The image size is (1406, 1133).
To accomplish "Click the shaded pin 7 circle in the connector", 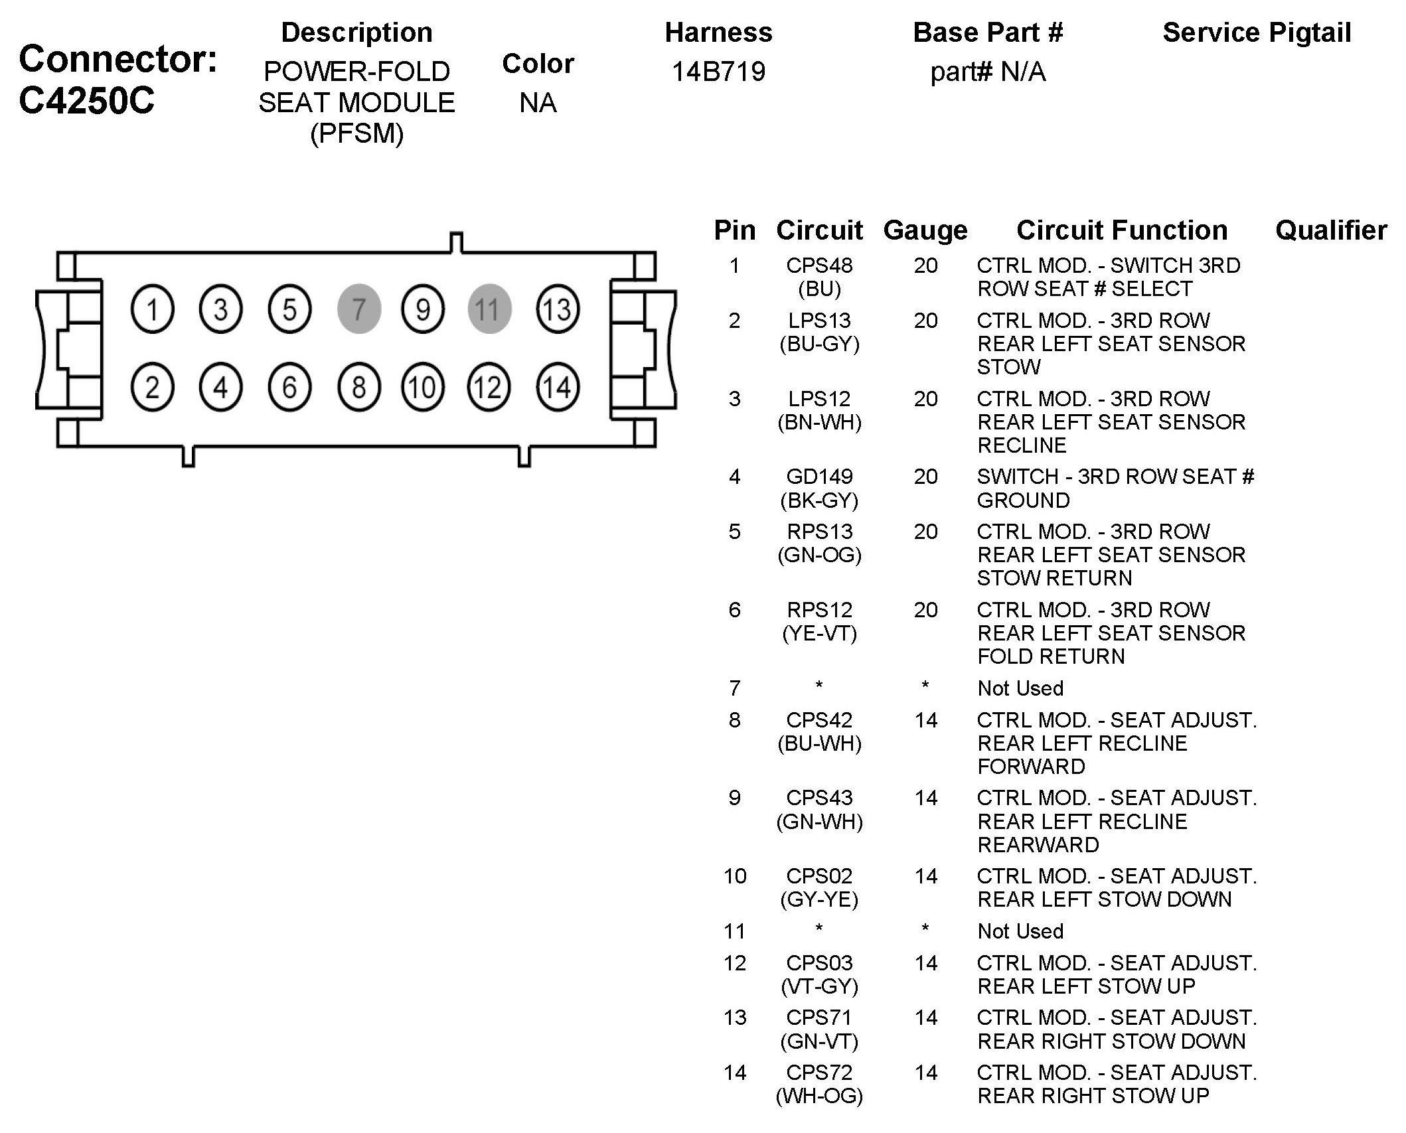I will point(358,309).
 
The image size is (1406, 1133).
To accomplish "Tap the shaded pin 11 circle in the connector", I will point(489,309).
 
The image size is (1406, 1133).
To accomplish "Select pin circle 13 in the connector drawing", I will point(557,309).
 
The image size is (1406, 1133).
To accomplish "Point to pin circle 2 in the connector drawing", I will point(153,388).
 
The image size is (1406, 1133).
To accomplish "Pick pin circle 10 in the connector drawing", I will point(422,388).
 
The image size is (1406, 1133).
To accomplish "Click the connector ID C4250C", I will point(86,100).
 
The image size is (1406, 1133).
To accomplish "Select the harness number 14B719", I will point(718,72).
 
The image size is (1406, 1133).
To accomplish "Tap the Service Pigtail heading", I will point(1257,33).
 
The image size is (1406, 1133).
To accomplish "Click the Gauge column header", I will point(925,230).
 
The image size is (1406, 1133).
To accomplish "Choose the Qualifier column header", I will point(1331,230).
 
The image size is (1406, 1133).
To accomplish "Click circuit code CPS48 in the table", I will point(819,265).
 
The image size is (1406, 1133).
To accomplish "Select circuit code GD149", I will point(819,477).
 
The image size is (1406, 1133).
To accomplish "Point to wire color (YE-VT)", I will point(819,633).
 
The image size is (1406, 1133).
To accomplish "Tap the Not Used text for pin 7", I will point(1020,688).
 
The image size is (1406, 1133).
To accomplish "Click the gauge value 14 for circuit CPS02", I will point(925,876).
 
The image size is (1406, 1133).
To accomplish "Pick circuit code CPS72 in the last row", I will point(819,1073).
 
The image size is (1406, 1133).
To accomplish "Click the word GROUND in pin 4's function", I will point(1023,500).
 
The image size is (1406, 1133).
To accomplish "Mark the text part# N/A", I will point(988,72).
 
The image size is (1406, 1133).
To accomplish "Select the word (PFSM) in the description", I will point(356,133).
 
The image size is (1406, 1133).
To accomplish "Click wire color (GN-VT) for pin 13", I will point(819,1041).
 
